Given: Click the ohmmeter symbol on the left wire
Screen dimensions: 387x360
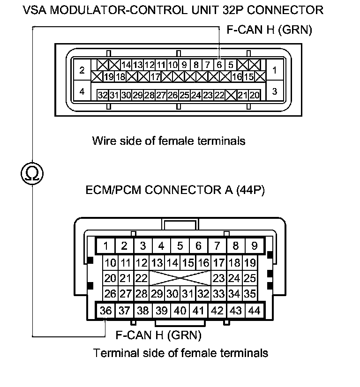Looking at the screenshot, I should [x=32, y=174].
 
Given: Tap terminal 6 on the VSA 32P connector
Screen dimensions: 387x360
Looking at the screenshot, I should [x=219, y=65].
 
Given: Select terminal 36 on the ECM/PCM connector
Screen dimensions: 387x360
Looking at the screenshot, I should [x=106, y=310].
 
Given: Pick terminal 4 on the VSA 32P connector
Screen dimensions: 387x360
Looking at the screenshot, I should [x=82, y=91].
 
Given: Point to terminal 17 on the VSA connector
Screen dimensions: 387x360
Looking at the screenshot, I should [x=155, y=76].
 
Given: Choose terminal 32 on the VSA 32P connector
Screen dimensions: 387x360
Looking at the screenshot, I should [x=103, y=95].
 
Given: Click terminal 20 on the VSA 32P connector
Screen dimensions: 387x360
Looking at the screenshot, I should [x=254, y=95].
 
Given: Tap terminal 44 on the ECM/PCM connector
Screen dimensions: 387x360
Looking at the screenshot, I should [x=254, y=310].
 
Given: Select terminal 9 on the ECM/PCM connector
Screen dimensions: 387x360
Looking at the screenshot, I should [x=254, y=245].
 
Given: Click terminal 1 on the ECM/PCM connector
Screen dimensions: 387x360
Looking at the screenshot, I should [x=106, y=245].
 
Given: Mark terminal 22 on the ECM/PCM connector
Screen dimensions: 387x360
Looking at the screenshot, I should [x=141, y=278].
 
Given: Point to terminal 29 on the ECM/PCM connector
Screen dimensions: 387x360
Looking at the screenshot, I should [x=157, y=294].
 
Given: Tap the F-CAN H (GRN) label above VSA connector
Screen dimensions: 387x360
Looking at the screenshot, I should [x=269, y=30].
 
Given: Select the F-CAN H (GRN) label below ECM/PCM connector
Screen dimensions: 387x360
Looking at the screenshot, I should [x=158, y=335].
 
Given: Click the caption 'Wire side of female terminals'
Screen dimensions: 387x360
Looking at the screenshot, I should [x=169, y=141].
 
